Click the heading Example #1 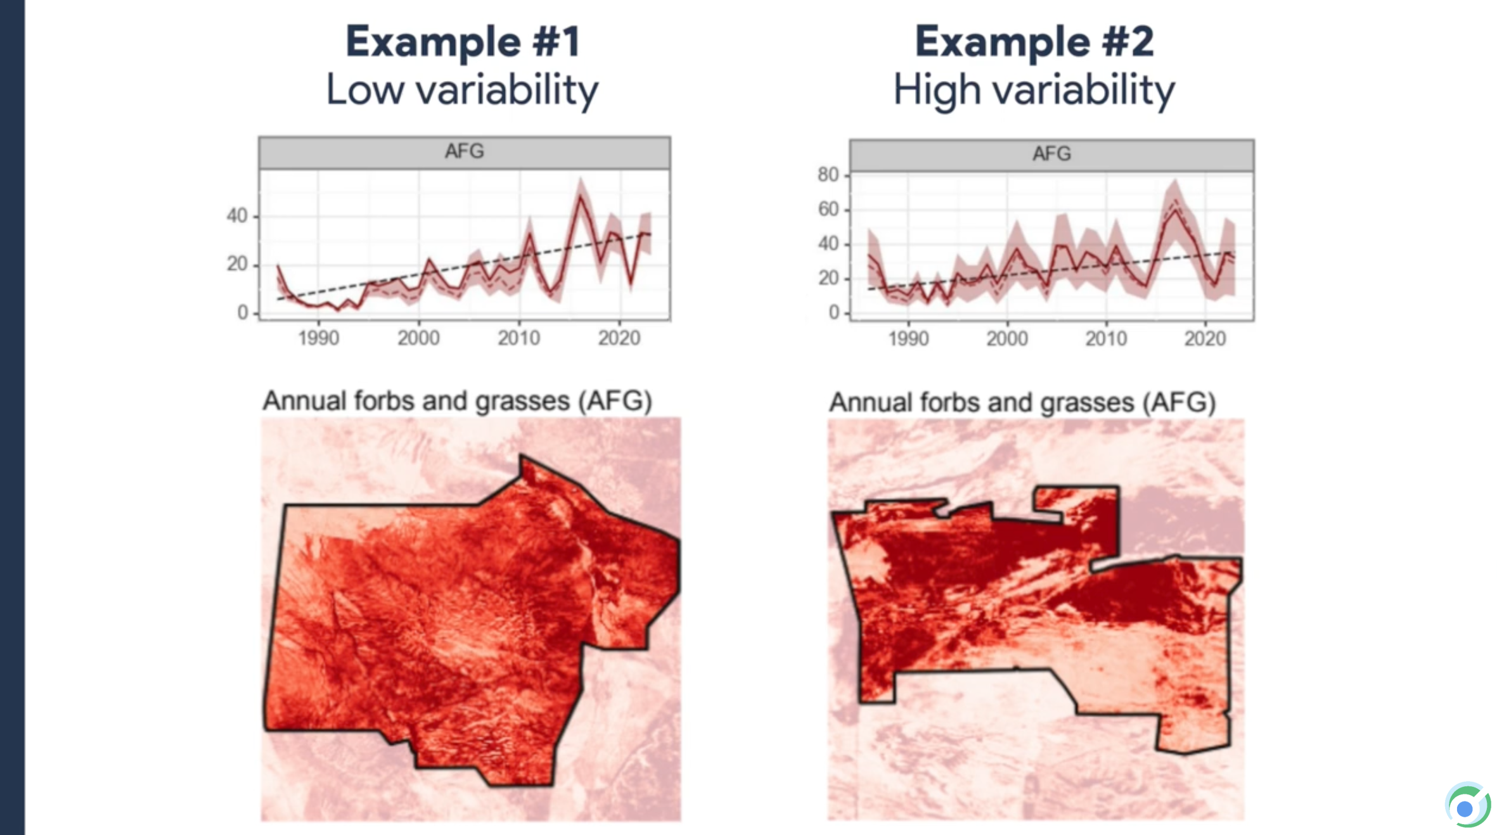[463, 42]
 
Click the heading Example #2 [1034, 42]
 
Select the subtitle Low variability [462, 89]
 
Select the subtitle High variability [1034, 89]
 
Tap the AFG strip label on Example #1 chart [464, 151]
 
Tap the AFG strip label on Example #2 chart [1051, 154]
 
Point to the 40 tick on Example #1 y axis [237, 216]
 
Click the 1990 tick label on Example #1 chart [318, 338]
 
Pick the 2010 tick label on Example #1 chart [518, 338]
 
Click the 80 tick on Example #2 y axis [828, 175]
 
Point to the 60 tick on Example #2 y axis [828, 209]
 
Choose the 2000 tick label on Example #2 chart [1007, 339]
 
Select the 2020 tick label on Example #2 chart [1205, 339]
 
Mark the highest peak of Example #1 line [580, 196]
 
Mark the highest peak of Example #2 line [1176, 209]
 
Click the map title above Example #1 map [457, 401]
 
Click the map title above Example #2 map [1022, 403]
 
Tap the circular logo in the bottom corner [1467, 806]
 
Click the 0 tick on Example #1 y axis [243, 312]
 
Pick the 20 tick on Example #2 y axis [828, 278]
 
